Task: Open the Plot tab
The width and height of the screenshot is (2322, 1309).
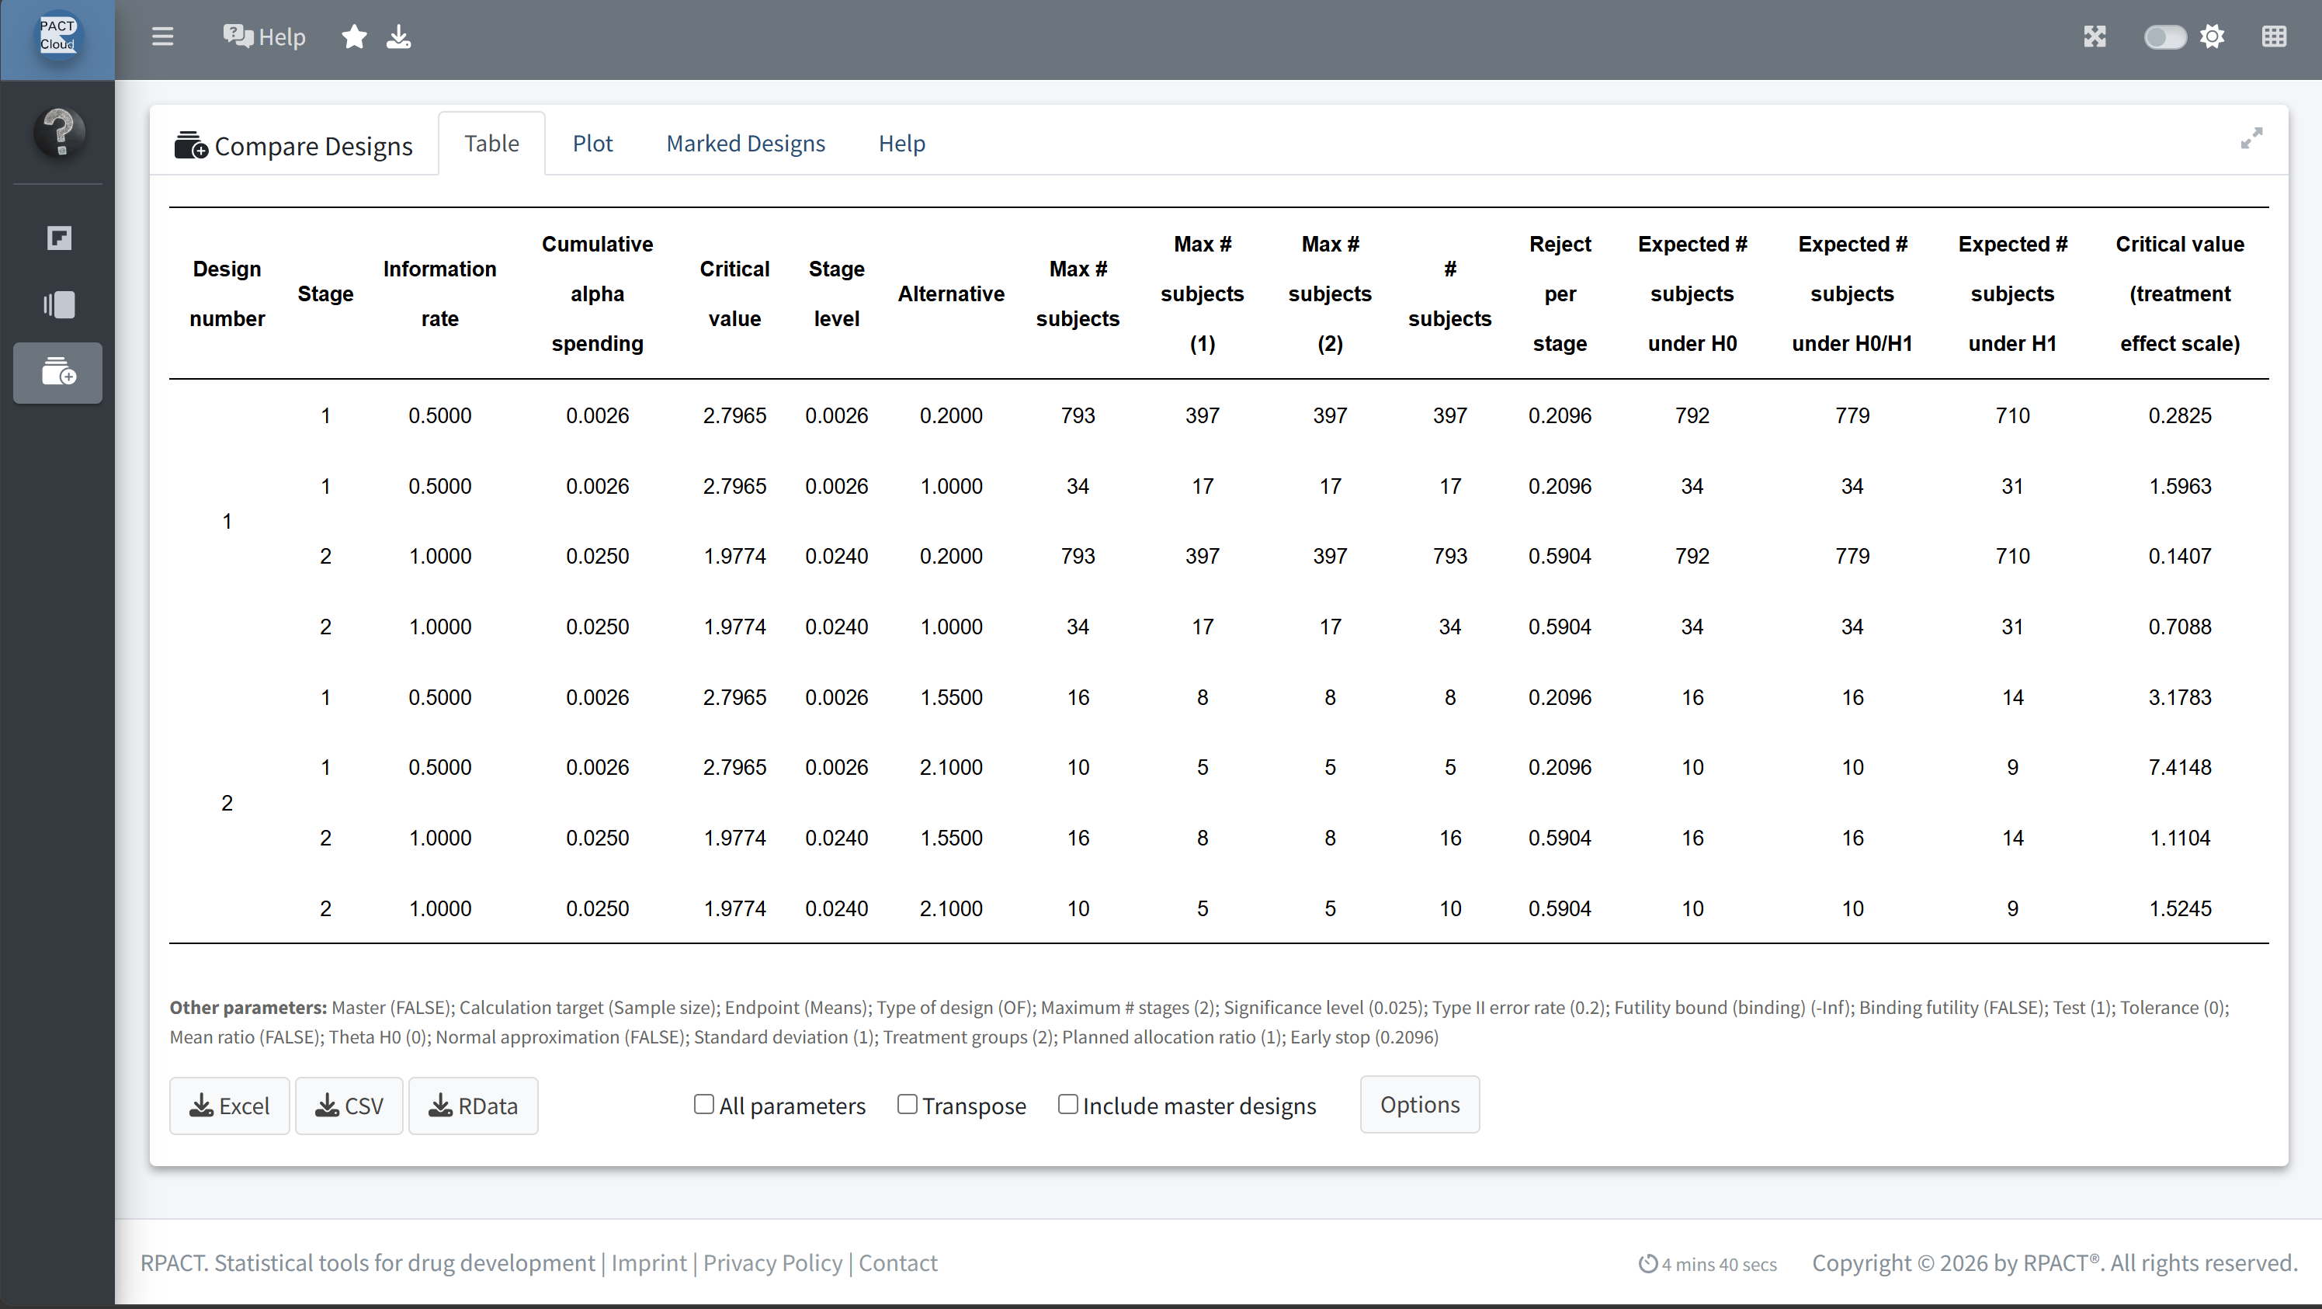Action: click(592, 144)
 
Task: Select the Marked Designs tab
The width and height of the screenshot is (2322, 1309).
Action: click(745, 144)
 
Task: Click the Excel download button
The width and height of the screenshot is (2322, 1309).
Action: click(230, 1106)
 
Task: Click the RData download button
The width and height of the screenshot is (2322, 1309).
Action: click(474, 1106)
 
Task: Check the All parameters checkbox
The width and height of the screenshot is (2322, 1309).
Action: click(704, 1103)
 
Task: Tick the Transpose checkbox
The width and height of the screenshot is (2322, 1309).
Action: click(908, 1103)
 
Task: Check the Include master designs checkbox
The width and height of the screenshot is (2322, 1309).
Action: click(1068, 1103)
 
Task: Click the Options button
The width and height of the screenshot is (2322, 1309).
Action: click(1420, 1104)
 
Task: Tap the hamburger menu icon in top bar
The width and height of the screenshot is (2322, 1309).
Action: click(162, 37)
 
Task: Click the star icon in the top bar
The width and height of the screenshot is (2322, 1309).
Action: click(354, 37)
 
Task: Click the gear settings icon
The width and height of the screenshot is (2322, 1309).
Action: click(2212, 37)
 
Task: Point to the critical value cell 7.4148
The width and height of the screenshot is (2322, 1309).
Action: click(2180, 767)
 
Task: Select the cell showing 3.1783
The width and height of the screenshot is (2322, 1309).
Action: click(2180, 697)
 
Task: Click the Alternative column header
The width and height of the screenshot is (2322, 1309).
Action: click(951, 294)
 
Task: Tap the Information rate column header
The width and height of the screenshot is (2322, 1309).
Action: click(440, 294)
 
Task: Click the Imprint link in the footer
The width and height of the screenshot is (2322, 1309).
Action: click(649, 1263)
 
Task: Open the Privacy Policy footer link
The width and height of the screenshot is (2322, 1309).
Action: click(772, 1263)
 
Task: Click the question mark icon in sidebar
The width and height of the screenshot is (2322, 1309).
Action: click(60, 133)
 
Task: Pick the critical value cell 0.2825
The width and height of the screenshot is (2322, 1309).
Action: click(2180, 415)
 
